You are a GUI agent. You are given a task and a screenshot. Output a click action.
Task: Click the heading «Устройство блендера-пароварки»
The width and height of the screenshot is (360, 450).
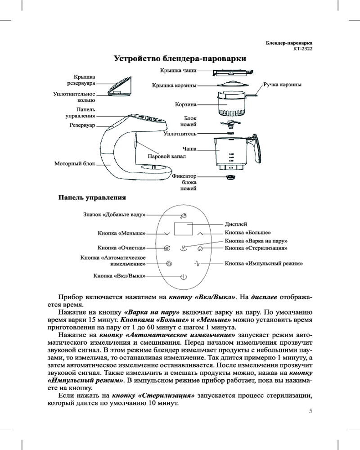[x=180, y=58]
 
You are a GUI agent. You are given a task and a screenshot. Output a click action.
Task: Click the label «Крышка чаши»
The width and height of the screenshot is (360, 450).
[x=178, y=70]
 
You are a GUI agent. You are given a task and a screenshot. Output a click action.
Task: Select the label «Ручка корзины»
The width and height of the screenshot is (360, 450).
[x=282, y=84]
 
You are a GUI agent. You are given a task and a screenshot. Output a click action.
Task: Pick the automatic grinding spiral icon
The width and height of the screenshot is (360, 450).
[x=169, y=264]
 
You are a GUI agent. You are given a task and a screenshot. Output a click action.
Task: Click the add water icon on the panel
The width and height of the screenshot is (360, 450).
[x=184, y=215]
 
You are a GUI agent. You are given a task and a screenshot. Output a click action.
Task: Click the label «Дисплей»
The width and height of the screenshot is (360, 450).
[x=236, y=224]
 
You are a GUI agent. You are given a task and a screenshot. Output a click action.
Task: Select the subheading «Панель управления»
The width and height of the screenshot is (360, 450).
[x=90, y=198]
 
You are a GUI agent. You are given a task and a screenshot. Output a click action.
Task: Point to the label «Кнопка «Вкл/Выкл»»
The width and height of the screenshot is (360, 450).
[x=119, y=275]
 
